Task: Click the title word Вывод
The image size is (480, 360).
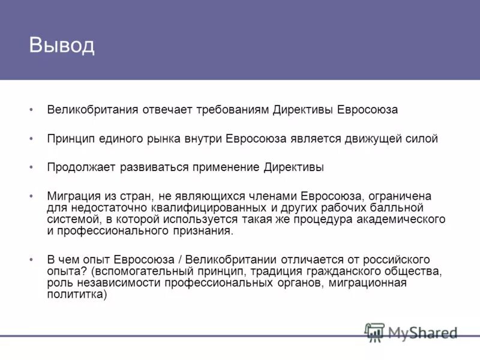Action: pyautogui.click(x=62, y=46)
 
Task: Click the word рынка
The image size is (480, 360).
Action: pyautogui.click(x=161, y=139)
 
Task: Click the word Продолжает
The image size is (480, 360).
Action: pyautogui.click(x=77, y=168)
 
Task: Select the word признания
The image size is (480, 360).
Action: pyautogui.click(x=203, y=230)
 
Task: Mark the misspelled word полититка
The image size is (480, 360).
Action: pyautogui.click(x=76, y=294)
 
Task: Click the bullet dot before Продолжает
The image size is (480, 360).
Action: pyautogui.click(x=32, y=168)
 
